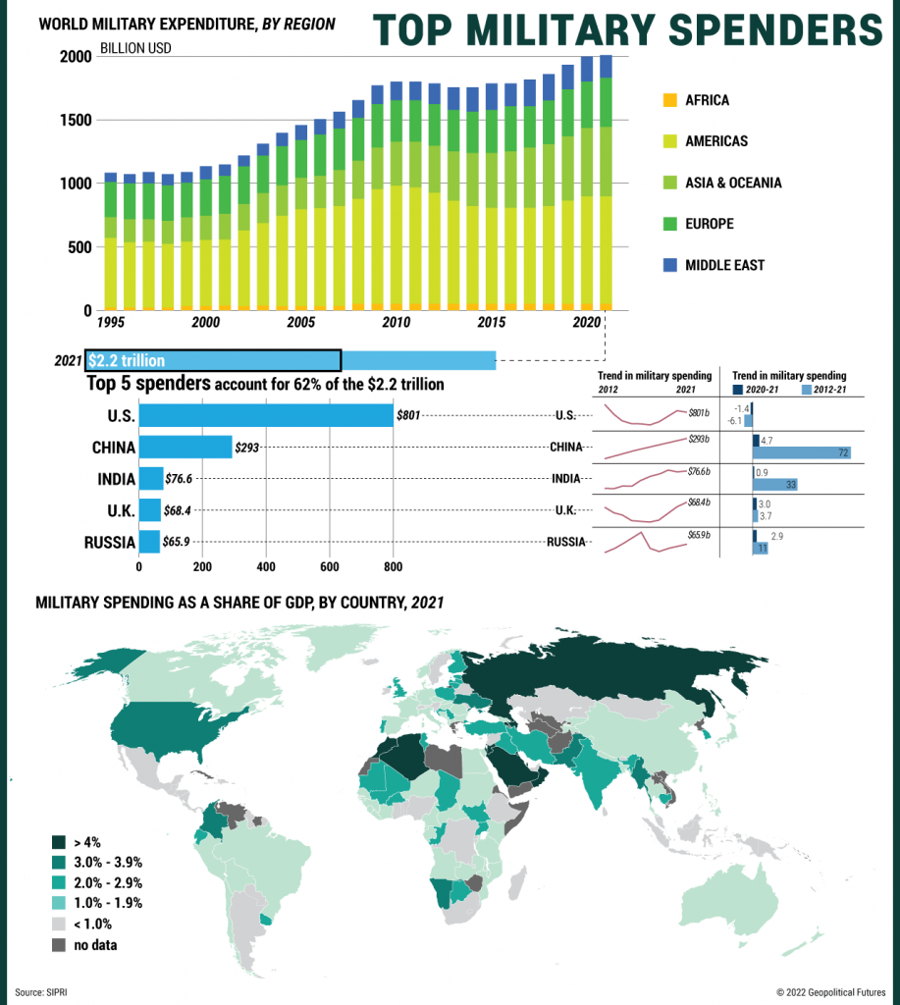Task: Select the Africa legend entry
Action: coord(707,100)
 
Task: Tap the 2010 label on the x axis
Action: coord(396,323)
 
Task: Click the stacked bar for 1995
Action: coord(111,241)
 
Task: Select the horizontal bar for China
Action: coord(185,448)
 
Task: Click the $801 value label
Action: coord(408,416)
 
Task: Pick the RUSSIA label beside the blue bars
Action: coord(109,542)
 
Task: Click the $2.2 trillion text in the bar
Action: coord(127,361)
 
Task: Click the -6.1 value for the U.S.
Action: coord(734,421)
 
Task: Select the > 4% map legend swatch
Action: coord(58,841)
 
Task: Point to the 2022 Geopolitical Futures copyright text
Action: coord(830,992)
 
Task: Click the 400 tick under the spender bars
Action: coord(266,567)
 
